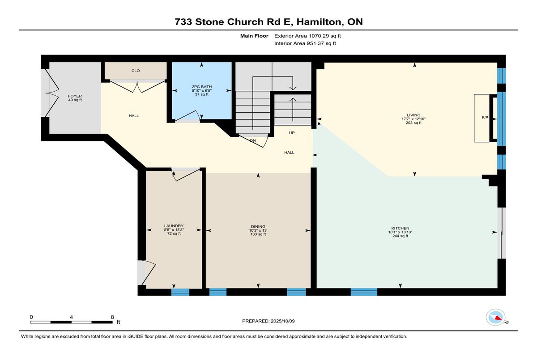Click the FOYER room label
pos(75,96)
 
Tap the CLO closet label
pos(136,71)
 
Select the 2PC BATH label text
pos(202,87)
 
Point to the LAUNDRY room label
pos(174,226)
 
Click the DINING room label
pos(258,227)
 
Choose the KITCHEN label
pos(400,228)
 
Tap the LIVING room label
pos(413,115)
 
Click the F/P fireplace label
pos(485,117)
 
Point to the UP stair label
pos(292,133)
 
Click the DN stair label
pos(253,140)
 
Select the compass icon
pos(495,317)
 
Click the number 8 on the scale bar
pos(112,317)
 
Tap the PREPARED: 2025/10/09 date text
pos(268,321)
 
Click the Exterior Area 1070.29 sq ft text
pos(307,36)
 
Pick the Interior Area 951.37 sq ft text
pos(305,43)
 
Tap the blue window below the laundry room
pos(180,292)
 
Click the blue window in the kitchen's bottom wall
pos(364,292)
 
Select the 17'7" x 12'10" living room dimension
pos(413,119)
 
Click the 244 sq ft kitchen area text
pos(400,236)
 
